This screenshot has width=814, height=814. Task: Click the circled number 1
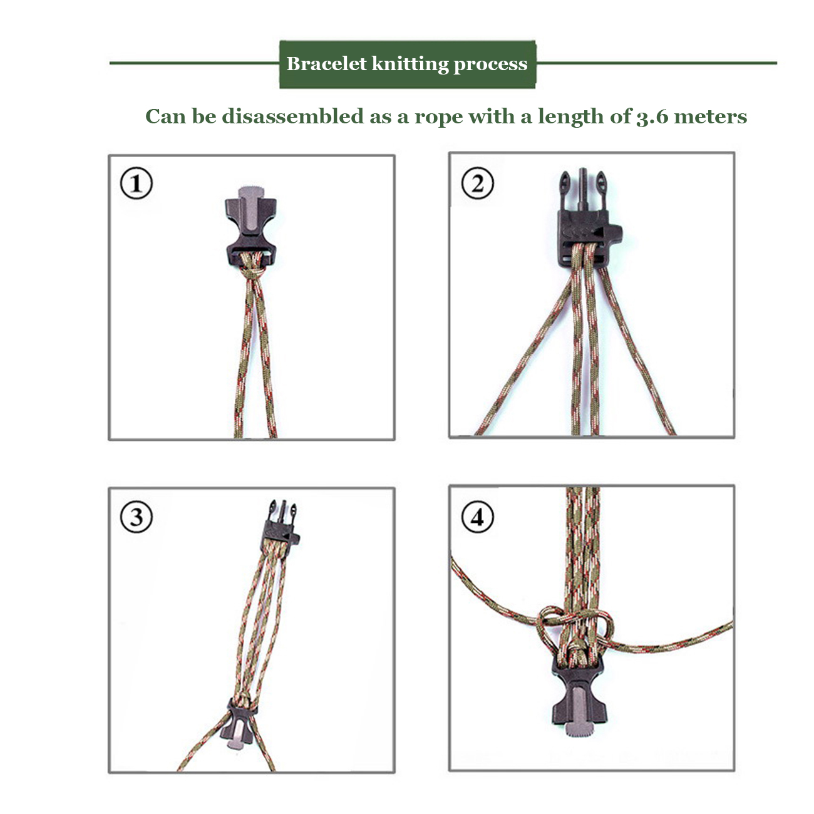click(x=136, y=183)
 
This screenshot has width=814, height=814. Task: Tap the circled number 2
click(x=477, y=183)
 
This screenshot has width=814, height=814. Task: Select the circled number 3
click(x=136, y=517)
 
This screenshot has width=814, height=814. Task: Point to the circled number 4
click(x=477, y=517)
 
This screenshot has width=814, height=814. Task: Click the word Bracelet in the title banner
click(x=326, y=64)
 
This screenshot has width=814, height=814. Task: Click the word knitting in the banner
click(x=410, y=64)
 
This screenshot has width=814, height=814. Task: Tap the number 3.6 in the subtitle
click(x=652, y=116)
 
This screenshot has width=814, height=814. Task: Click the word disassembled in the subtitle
click(x=292, y=116)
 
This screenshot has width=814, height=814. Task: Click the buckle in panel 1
click(x=251, y=227)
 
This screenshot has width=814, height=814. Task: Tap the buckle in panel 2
click(x=589, y=220)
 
